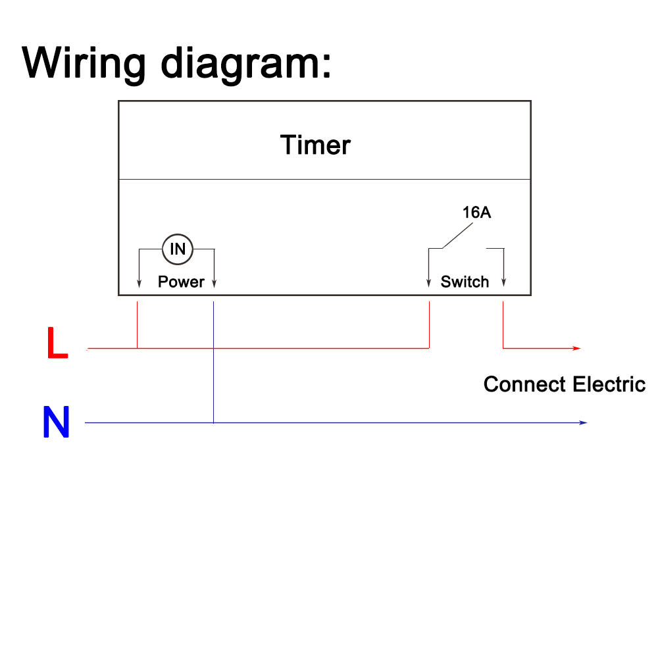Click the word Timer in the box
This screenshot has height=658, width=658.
tap(315, 145)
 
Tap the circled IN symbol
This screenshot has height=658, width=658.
tap(178, 249)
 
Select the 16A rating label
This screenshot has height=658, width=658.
tap(476, 213)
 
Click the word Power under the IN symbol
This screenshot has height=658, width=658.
tap(181, 282)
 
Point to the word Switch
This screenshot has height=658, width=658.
tap(465, 282)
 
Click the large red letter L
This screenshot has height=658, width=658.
tap(57, 344)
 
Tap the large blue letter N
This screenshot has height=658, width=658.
tap(56, 422)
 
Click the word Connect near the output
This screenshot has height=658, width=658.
tap(524, 384)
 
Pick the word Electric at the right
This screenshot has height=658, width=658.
tap(609, 384)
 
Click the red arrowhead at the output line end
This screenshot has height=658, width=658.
tap(577, 348)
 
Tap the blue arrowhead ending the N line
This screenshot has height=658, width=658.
tap(583, 422)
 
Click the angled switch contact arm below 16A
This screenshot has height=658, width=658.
tap(457, 237)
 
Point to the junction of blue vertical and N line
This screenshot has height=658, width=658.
tap(214, 422)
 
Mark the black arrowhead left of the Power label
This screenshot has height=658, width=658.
tap(139, 284)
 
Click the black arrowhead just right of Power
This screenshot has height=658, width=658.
tap(215, 284)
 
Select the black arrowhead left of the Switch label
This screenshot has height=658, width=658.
tap(428, 284)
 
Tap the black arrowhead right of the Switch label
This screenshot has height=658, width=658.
tap(503, 284)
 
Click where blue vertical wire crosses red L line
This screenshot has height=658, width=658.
tap(214, 348)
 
